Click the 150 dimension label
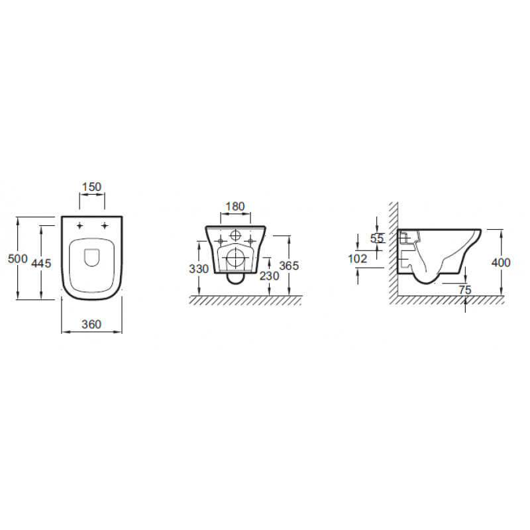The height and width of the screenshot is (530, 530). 92,187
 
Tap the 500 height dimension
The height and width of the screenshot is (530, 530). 18,259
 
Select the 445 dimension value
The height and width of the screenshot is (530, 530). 41,263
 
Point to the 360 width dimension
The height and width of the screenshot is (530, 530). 91,325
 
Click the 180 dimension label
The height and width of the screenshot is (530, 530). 235,206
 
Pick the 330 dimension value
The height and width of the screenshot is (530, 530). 199,269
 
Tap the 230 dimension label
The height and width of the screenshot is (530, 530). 269,276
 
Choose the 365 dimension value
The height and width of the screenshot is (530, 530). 289,266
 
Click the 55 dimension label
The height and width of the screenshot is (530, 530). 377,238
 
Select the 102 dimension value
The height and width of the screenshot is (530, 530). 358,259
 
